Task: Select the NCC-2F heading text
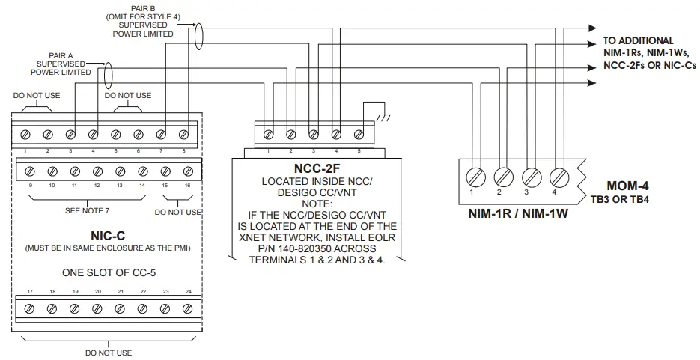click(314, 169)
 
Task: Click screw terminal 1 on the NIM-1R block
click(473, 177)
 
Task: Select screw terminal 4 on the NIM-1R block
click(558, 177)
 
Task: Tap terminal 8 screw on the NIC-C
click(184, 135)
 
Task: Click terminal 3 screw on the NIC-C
click(70, 135)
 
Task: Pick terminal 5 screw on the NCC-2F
click(359, 135)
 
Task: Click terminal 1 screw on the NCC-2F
click(267, 135)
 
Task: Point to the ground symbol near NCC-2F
click(383, 118)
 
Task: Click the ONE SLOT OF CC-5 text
click(109, 272)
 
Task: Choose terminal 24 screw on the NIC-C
click(188, 308)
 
